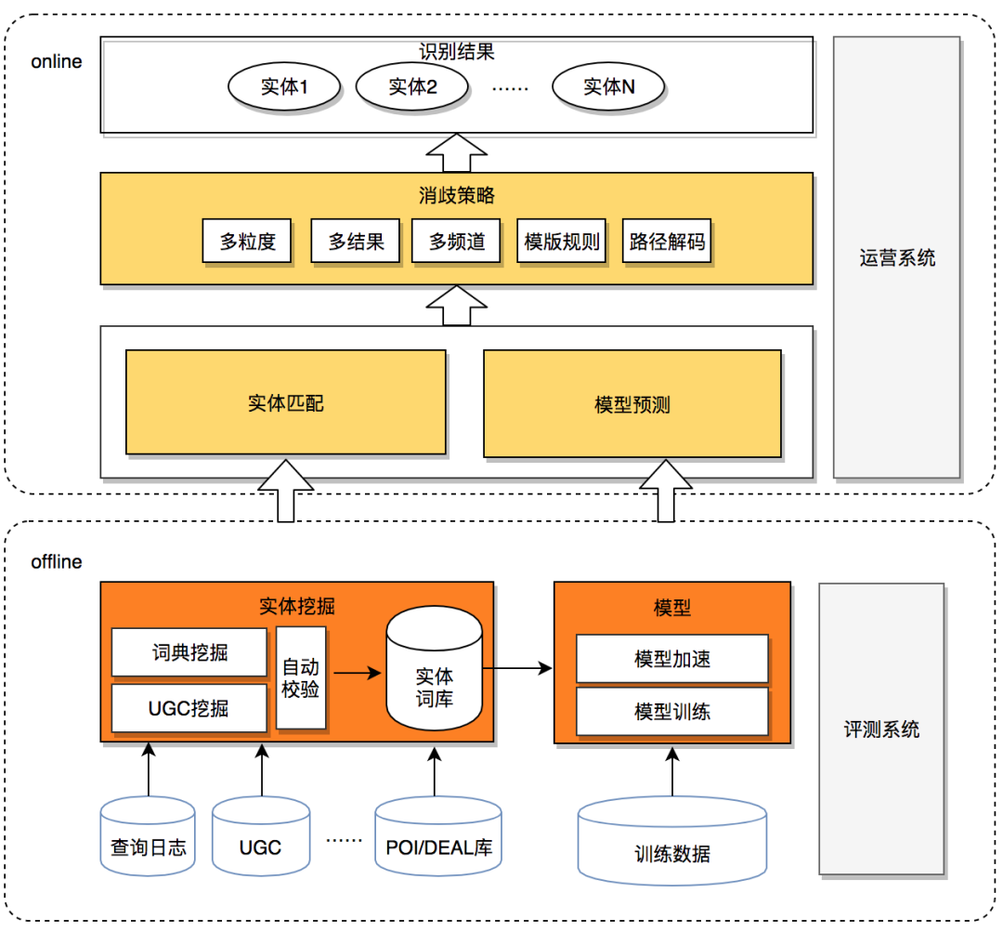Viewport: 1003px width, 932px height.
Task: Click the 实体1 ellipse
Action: [x=284, y=87]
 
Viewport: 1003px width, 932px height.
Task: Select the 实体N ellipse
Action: [x=609, y=87]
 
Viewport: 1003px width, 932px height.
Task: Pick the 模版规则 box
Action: [x=562, y=243]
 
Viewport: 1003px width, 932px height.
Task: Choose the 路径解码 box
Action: [x=667, y=243]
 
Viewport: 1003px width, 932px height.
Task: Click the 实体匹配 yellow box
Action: [x=286, y=402]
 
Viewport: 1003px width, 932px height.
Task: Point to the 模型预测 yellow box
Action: [x=632, y=404]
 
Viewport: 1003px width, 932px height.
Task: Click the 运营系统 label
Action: [x=897, y=258]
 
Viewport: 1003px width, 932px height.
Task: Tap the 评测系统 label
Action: [x=881, y=729]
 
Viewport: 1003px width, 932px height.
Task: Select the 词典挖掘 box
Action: [x=189, y=653]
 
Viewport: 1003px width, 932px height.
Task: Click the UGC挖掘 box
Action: [x=189, y=709]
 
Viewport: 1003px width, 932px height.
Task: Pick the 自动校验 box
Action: [x=301, y=678]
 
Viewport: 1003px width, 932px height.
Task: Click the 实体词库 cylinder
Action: [x=435, y=675]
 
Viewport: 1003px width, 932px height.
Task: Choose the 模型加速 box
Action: [x=672, y=659]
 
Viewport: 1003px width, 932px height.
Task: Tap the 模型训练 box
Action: [x=672, y=712]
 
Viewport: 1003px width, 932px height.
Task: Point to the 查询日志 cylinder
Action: [x=149, y=835]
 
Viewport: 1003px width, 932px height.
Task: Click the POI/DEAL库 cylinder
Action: [x=440, y=836]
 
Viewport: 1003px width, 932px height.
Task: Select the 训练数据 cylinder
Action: [x=672, y=841]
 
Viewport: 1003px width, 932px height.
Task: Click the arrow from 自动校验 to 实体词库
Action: [x=357, y=670]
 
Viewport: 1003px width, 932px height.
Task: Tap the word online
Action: [x=57, y=62]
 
